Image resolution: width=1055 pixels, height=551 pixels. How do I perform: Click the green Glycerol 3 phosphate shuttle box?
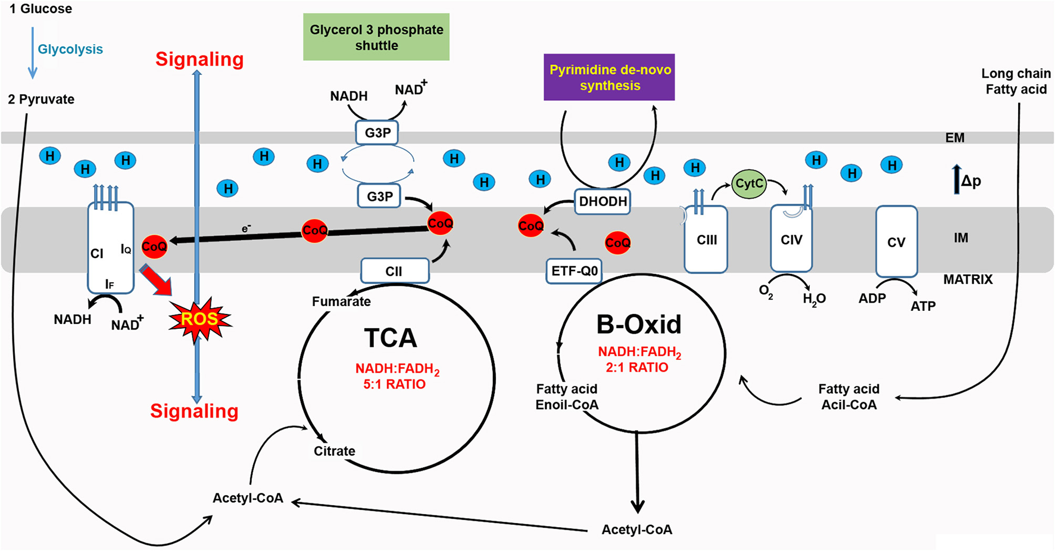376,37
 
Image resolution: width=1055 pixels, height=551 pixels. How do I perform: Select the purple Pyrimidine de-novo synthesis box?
609,77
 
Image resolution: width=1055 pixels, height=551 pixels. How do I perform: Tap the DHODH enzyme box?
603,201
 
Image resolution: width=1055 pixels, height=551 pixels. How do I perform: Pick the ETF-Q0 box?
574,271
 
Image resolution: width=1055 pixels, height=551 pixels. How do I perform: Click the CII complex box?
394,271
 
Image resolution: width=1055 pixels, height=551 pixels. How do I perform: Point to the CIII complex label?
707,240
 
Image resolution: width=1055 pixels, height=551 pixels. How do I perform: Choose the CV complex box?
896,242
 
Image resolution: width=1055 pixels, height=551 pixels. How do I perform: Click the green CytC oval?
749,183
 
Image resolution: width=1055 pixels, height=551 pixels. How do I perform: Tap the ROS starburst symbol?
199,320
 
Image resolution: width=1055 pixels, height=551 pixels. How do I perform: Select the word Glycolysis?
70,49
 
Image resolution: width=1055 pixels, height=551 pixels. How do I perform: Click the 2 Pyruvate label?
41,99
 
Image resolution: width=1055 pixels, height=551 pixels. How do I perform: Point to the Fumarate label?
341,301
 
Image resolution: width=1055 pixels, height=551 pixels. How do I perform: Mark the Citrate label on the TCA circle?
334,451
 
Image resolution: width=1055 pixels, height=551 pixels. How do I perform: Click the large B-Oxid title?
638,325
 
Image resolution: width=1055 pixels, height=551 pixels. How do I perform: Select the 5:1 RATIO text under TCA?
394,384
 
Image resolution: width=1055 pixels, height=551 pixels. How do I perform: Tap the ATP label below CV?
923,306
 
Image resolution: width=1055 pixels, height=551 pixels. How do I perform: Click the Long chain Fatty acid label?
1016,82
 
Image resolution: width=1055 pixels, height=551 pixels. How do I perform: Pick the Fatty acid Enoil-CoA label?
566,397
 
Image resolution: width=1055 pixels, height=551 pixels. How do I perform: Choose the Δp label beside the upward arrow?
971,181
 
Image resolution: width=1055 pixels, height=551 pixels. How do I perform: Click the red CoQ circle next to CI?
154,246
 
